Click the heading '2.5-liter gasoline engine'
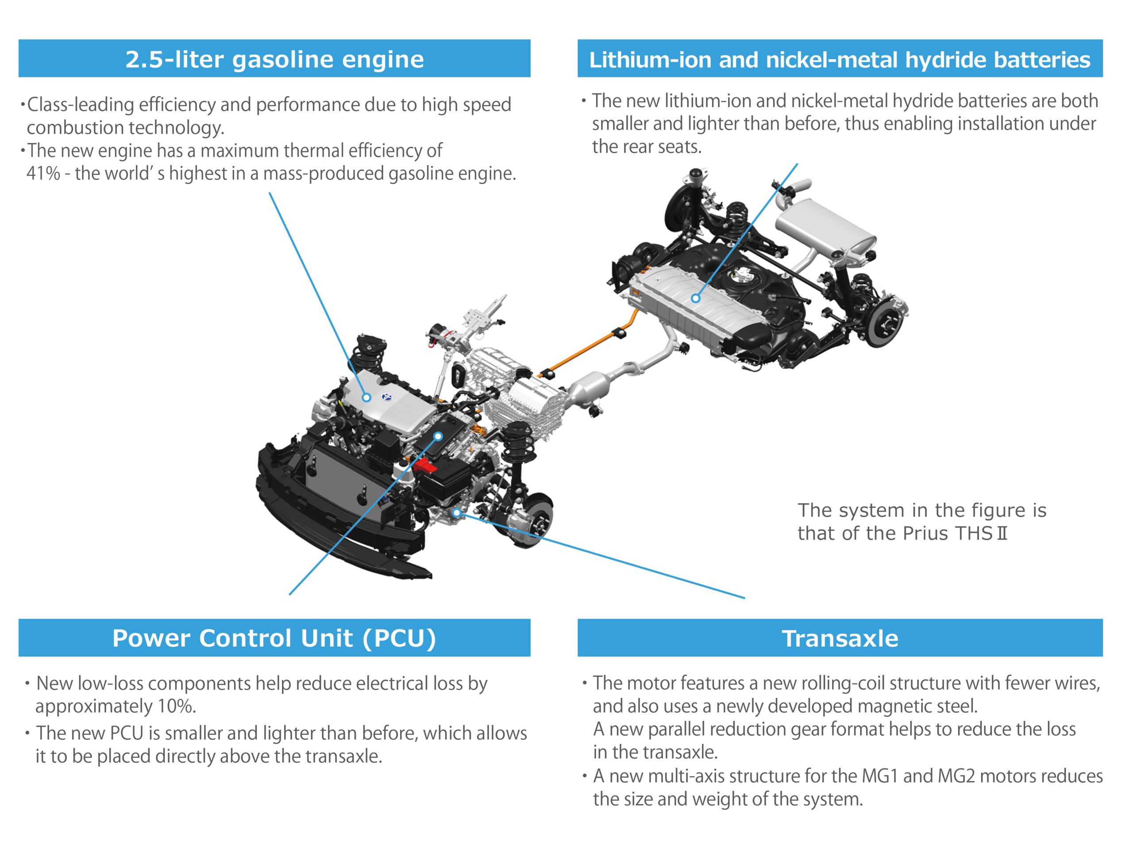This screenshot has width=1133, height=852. [x=274, y=59]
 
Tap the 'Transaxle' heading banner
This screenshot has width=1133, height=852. [x=840, y=638]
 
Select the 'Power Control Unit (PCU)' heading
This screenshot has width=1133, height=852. [x=274, y=638]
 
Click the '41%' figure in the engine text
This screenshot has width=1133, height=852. [x=43, y=173]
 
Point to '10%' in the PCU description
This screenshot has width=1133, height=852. [x=176, y=706]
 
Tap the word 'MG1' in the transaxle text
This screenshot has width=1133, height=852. [x=880, y=776]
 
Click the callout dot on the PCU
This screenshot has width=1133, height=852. [x=438, y=436]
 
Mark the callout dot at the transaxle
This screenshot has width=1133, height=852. [x=456, y=513]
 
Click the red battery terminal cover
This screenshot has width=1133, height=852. [x=424, y=466]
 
